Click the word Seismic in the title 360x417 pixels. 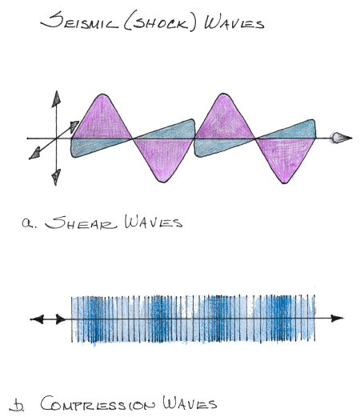coord(79,21)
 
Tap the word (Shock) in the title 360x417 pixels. coord(161,22)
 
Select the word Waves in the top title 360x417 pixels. coord(234,22)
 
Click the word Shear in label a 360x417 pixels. coord(81,223)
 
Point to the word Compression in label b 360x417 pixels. coord(98,403)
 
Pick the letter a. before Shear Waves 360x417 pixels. coord(28,223)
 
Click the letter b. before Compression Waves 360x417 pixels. coord(17,406)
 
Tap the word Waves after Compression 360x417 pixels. coord(190,403)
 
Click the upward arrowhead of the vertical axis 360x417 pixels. coord(56,98)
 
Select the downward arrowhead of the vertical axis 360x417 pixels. coord(56,177)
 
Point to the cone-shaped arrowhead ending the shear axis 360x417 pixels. coord(341,138)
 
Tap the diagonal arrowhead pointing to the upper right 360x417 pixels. coord(74,126)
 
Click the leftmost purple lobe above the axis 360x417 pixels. coord(102,119)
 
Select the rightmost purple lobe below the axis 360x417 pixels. coord(285,158)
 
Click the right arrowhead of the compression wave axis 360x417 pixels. coord(337,318)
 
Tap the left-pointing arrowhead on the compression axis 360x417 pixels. coord(37,319)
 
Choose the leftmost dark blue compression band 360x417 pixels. coord(94,319)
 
